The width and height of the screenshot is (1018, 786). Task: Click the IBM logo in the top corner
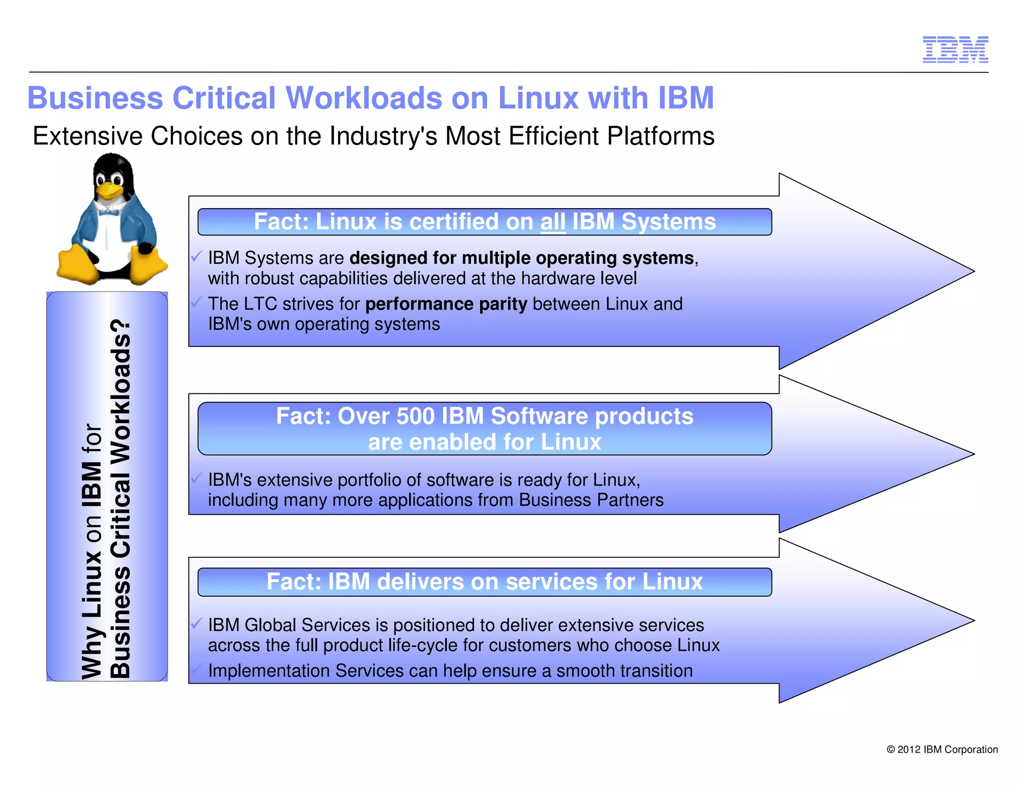[955, 50]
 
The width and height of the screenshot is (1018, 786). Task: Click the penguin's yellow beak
[110, 190]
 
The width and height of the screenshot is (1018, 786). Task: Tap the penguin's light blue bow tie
[108, 212]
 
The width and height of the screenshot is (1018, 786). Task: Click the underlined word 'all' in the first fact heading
[553, 222]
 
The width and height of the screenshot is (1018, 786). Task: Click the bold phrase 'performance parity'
[446, 304]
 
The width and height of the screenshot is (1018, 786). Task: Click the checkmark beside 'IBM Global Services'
[197, 623]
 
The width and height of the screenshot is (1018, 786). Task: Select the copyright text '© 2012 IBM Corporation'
[942, 749]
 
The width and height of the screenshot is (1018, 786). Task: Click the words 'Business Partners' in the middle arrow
[591, 500]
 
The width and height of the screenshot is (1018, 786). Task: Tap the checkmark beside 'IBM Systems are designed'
[197, 256]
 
